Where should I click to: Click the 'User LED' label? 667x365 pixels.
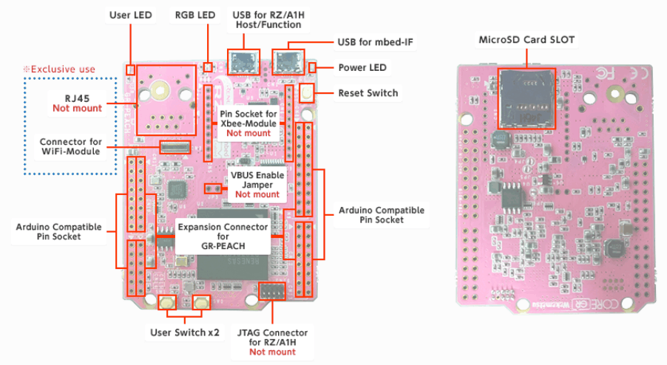[131, 15]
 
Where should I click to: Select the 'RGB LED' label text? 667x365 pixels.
[195, 15]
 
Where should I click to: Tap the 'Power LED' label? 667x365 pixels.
[362, 68]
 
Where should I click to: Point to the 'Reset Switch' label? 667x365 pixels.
[368, 93]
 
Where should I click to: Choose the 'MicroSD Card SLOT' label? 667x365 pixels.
[527, 40]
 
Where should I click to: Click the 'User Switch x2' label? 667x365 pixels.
[185, 332]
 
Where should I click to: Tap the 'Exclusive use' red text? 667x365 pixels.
[62, 69]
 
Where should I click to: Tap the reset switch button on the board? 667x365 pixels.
[305, 93]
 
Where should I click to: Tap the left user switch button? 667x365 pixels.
[167, 302]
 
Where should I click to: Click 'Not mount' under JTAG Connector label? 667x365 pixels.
[272, 352]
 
